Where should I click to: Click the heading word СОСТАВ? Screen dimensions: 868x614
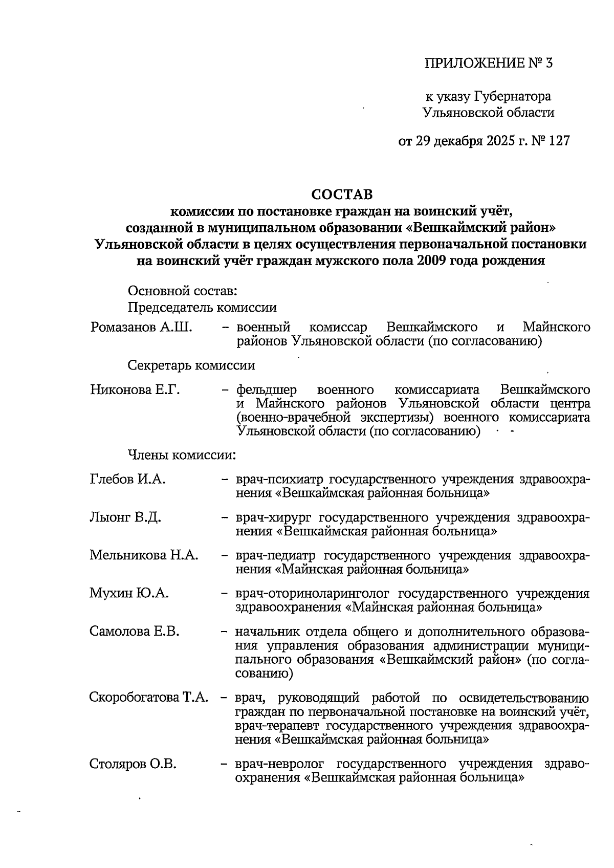pos(342,194)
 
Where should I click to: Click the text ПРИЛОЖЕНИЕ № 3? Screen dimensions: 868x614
pos(489,63)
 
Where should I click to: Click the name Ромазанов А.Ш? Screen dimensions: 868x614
pos(141,327)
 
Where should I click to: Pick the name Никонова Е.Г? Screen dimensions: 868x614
pos(135,389)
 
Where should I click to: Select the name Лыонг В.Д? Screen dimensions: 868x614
pos(125,517)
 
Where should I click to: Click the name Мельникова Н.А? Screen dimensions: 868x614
pos(144,555)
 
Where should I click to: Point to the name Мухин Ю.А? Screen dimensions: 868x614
pos(129,593)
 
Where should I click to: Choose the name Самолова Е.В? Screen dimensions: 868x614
pos(135,631)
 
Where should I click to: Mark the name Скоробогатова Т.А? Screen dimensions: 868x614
pos(149,697)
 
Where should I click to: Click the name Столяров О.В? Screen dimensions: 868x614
pos(133,764)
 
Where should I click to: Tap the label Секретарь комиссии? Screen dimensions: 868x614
pos(191,365)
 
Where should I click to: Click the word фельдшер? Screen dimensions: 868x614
pos(266,389)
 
